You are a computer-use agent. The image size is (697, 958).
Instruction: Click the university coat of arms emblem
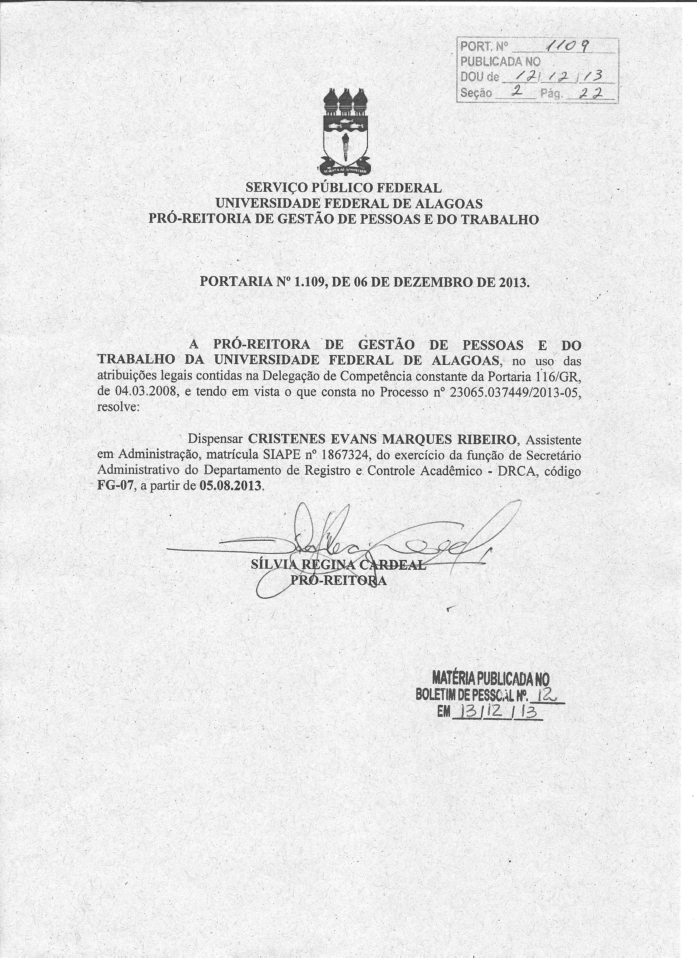coord(345,132)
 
